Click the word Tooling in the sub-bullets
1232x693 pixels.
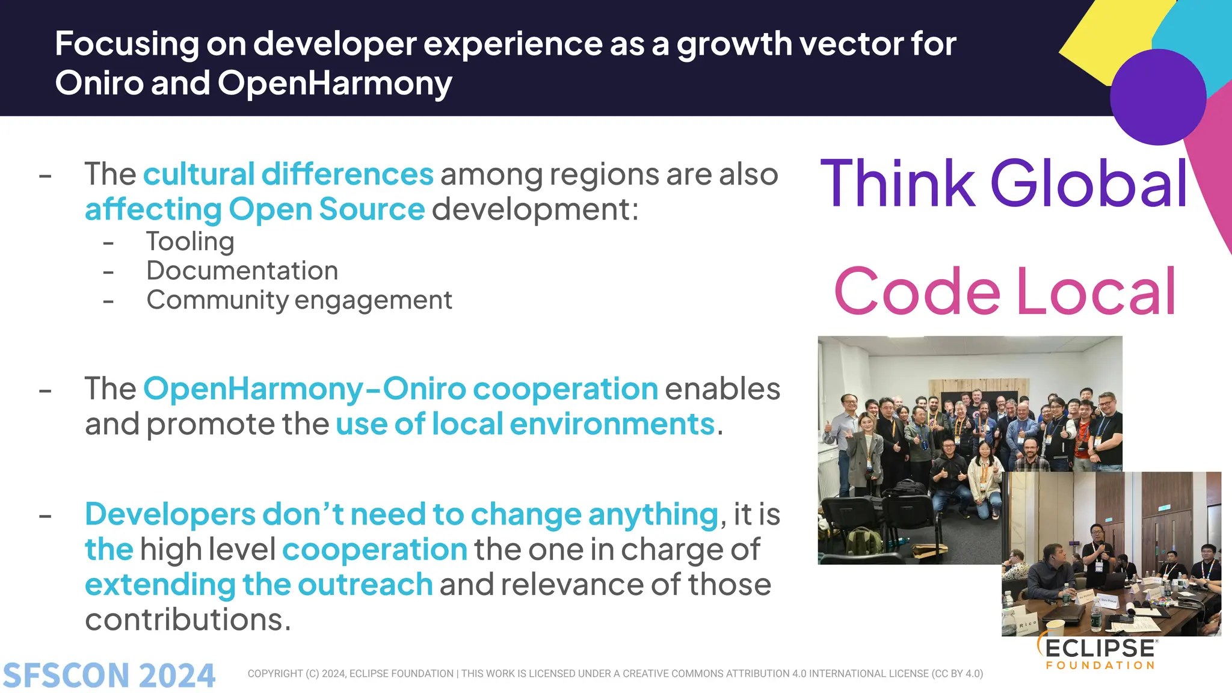(x=190, y=242)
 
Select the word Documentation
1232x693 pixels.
(x=242, y=271)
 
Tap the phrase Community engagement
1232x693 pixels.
(x=299, y=300)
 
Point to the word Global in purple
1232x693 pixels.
(x=1089, y=183)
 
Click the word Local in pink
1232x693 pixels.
(x=1096, y=292)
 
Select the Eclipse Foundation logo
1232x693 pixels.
(x=1098, y=653)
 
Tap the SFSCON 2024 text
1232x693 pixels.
(x=109, y=675)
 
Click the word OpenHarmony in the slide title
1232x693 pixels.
(x=334, y=83)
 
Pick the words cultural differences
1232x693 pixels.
(x=288, y=174)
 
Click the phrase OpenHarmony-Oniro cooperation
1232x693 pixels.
(x=401, y=389)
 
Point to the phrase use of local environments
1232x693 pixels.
(x=525, y=424)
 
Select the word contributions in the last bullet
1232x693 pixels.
(x=188, y=620)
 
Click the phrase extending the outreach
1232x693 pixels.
(x=259, y=585)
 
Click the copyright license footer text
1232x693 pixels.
(x=615, y=674)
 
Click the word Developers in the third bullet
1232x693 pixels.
(x=170, y=515)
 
